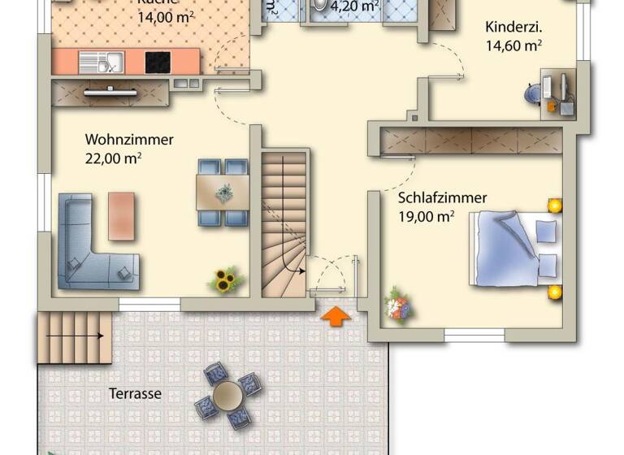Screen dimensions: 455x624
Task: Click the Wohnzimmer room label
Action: click(129, 140)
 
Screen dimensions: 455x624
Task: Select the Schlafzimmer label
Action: click(442, 197)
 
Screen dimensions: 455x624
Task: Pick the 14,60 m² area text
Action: click(514, 46)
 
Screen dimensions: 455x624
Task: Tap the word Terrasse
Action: click(135, 394)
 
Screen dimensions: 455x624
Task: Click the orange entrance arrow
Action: click(335, 316)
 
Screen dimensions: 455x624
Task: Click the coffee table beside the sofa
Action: click(122, 215)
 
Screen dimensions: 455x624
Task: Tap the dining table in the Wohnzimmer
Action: click(223, 193)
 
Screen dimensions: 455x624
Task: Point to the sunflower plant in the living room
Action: click(225, 279)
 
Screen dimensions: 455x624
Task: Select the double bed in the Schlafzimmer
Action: click(515, 248)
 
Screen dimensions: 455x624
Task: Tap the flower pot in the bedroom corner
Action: click(399, 305)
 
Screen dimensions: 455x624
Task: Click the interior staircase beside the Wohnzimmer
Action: click(284, 223)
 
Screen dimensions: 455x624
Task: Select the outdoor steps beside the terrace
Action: click(73, 336)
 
